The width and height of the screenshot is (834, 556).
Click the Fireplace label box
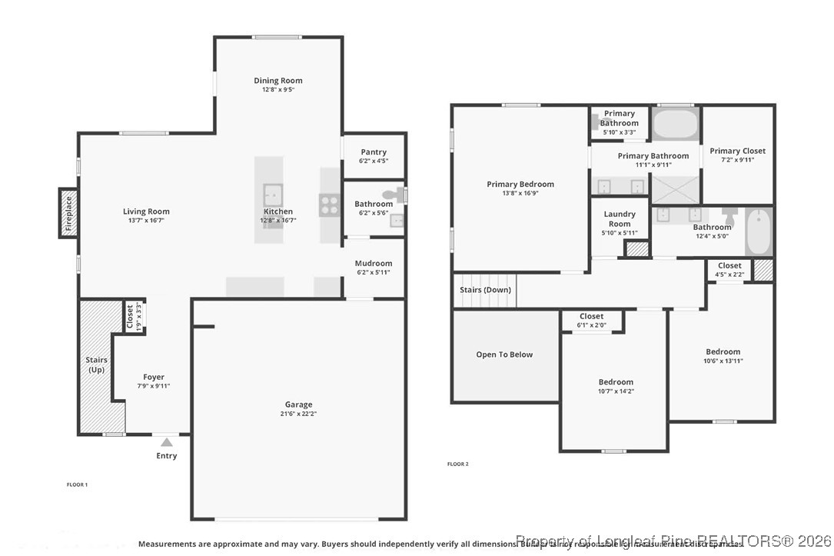coord(68,213)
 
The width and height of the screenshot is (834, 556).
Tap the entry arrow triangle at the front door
coord(167,441)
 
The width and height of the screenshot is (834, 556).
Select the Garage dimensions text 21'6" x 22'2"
coord(299,414)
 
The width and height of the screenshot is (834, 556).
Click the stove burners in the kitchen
coord(329,205)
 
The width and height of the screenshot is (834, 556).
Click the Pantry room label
coord(373,152)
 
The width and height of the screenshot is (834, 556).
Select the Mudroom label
coord(374,263)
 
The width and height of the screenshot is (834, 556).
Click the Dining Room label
coord(278,80)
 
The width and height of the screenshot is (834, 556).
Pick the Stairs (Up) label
coord(96,365)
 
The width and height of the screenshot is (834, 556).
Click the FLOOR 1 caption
coord(77,484)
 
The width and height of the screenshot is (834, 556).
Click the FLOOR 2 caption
coord(457,464)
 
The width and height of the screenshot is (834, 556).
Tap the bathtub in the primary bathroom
coord(676,123)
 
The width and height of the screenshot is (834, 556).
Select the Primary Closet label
coord(737,151)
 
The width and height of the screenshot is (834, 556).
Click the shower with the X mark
coord(675,187)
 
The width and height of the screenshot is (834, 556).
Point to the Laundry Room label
coord(620,218)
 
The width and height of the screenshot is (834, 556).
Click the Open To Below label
coord(504,355)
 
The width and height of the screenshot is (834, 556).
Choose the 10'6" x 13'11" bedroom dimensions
coord(723,361)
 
